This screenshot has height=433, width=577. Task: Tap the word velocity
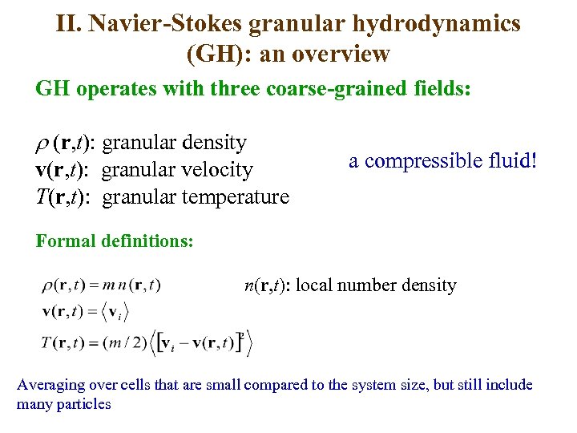214,169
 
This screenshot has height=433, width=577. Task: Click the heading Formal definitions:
115,241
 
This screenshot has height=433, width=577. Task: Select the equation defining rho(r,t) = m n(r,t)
101,285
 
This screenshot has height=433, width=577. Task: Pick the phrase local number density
376,285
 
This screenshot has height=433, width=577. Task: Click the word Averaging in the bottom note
51,384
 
